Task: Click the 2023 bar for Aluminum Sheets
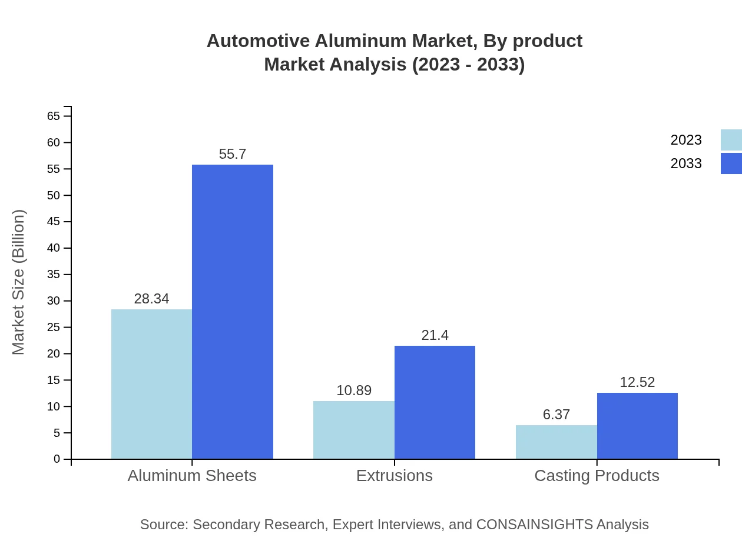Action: [x=151, y=384]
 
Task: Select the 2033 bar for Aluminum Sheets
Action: [x=233, y=312]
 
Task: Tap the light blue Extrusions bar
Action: [x=354, y=430]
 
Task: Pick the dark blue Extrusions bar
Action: [x=435, y=402]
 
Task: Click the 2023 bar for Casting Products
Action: [x=556, y=442]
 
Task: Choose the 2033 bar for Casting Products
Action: [x=637, y=426]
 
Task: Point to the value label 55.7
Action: [x=233, y=154]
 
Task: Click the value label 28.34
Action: [x=151, y=299]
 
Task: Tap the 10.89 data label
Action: [x=354, y=390]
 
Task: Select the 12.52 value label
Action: [x=637, y=382]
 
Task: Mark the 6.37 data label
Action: [x=556, y=415]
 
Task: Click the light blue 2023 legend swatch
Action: [x=731, y=140]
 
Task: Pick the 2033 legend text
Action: [x=686, y=163]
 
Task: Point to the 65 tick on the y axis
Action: [x=54, y=116]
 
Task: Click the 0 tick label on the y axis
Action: [x=57, y=459]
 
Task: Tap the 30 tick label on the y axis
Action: [x=54, y=300]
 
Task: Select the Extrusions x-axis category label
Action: [x=395, y=475]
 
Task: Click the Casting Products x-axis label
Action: [x=597, y=475]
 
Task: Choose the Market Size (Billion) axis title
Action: [x=18, y=282]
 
